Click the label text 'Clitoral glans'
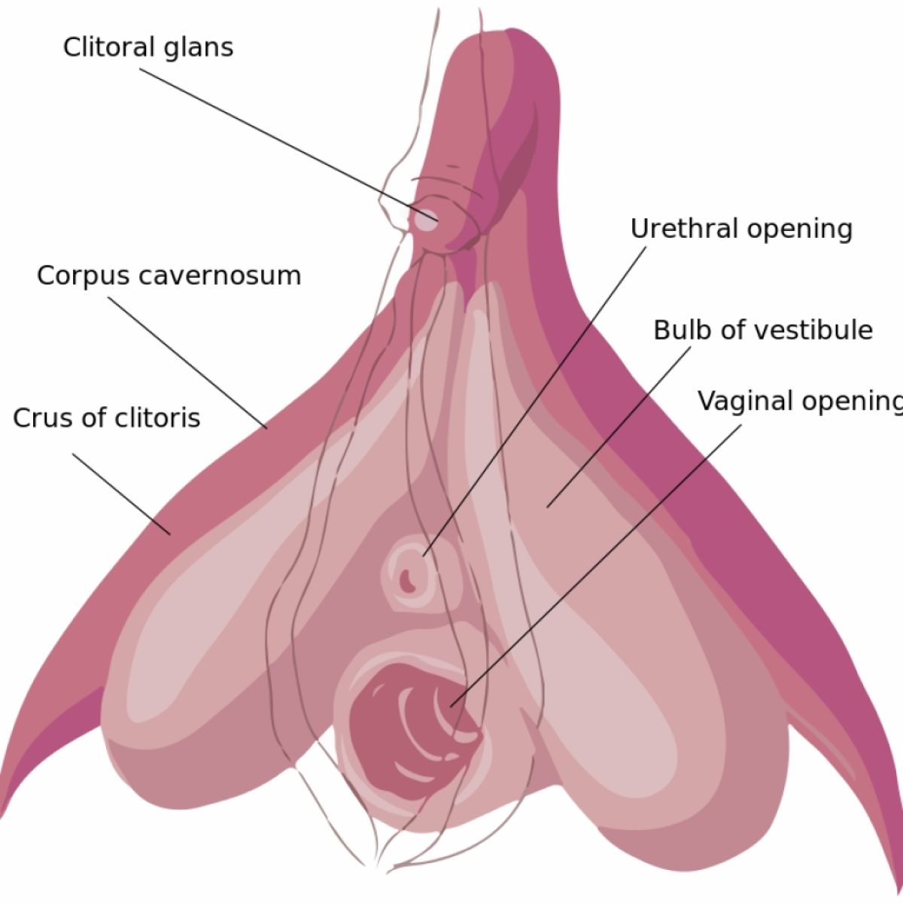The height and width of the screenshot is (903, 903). click(x=148, y=47)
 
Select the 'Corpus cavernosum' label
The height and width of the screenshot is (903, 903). click(x=169, y=275)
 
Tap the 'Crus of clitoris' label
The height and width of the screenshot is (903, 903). click(x=107, y=418)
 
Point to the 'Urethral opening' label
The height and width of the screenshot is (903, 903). click(x=741, y=229)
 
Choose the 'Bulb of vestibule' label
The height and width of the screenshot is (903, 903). click(x=762, y=330)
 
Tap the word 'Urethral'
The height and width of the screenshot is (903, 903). click(x=683, y=229)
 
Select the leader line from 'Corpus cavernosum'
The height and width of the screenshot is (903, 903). click(x=188, y=362)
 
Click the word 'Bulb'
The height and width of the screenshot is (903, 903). click(x=676, y=330)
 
